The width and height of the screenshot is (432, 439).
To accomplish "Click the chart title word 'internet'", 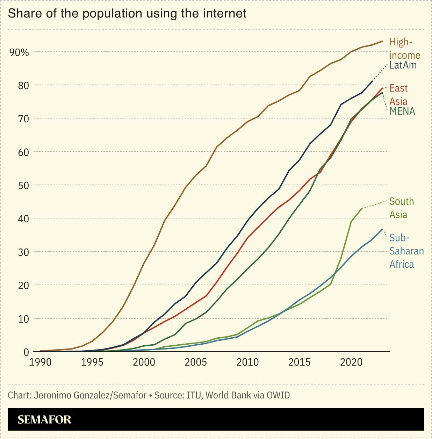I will (x=226, y=13).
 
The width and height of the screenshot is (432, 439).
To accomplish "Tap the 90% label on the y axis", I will (x=19, y=52).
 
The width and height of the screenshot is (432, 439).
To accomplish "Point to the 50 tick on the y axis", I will (x=23, y=185).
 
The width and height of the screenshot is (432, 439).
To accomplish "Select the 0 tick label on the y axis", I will (x=26, y=352).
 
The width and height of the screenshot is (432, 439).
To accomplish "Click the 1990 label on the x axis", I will (x=40, y=362).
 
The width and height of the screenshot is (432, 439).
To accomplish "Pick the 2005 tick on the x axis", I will (x=196, y=362).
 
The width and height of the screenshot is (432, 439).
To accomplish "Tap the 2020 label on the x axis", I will (x=351, y=362).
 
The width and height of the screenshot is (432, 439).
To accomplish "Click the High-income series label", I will (x=404, y=49).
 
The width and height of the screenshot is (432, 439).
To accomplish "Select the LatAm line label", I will (x=403, y=65).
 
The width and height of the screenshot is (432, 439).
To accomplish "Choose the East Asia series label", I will (x=398, y=95).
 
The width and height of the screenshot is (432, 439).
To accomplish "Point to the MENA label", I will (x=402, y=111).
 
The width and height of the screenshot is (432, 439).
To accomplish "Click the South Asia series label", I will (x=401, y=208).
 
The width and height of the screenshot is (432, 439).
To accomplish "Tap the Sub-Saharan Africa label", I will (x=406, y=251).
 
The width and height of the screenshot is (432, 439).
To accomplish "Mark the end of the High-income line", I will (x=382, y=41).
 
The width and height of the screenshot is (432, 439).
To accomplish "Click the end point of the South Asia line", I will (x=362, y=209).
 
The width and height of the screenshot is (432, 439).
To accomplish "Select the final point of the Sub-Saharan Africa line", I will (x=382, y=229).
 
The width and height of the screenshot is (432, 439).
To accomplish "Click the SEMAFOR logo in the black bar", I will (x=44, y=419).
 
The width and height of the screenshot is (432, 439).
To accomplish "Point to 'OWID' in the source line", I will (x=278, y=395).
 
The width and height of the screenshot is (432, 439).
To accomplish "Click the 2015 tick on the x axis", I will (x=300, y=362).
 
